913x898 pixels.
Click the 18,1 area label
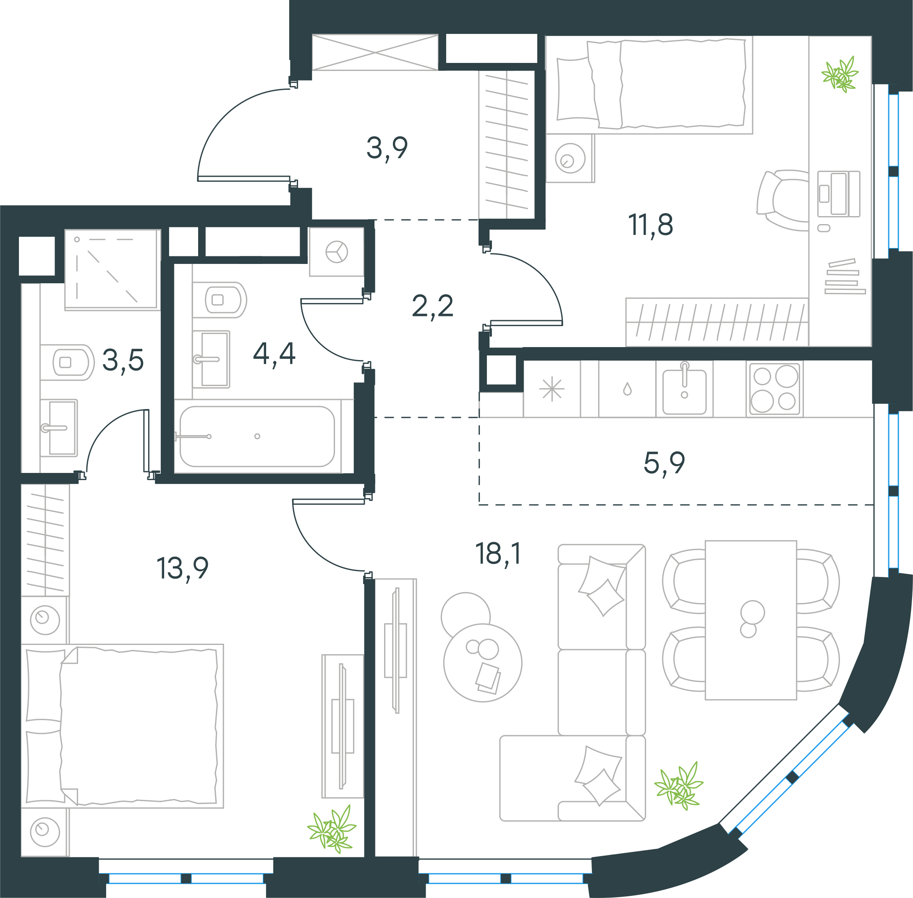click(x=498, y=554)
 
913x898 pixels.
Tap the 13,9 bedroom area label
click(x=182, y=568)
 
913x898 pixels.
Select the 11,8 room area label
click(x=650, y=225)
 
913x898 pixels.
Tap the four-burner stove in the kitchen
click(x=775, y=389)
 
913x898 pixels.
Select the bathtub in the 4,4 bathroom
click(x=257, y=436)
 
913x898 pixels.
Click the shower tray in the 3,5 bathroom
click(x=111, y=269)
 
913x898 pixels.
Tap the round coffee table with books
click(x=482, y=663)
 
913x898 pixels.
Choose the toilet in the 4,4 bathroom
click(x=220, y=300)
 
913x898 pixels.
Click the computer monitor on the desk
click(x=838, y=194)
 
